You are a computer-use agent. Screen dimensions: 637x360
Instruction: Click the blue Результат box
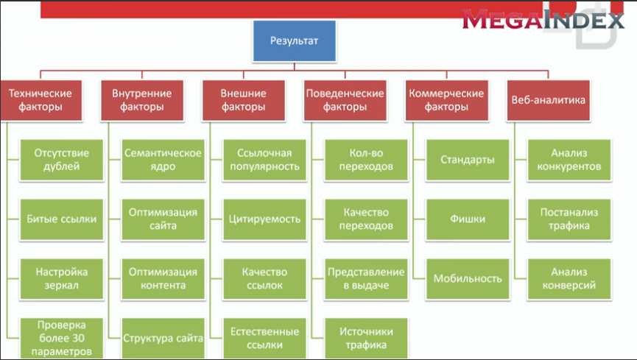pyautogui.click(x=295, y=41)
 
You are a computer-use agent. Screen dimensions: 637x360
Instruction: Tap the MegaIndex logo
pyautogui.click(x=543, y=19)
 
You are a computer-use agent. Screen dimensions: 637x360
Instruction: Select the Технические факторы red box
pyautogui.click(x=41, y=100)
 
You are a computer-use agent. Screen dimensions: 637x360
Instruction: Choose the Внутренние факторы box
pyautogui.click(x=142, y=100)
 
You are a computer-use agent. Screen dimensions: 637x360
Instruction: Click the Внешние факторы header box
pyautogui.click(x=243, y=100)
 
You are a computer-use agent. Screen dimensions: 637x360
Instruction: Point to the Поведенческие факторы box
pyautogui.click(x=345, y=100)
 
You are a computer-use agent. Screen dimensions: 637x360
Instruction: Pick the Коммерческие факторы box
pyautogui.click(x=446, y=100)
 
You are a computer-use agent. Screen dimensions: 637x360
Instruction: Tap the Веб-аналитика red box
pyautogui.click(x=548, y=100)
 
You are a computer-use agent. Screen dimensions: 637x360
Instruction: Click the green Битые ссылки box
pyautogui.click(x=62, y=219)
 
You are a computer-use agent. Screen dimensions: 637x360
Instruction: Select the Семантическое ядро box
pyautogui.click(x=163, y=160)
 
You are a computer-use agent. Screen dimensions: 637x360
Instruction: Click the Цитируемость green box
pyautogui.click(x=264, y=219)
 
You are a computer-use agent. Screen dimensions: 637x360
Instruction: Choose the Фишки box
pyautogui.click(x=468, y=219)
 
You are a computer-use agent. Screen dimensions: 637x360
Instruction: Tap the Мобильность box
pyautogui.click(x=468, y=279)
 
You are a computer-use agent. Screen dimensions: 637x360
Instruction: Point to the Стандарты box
pyautogui.click(x=468, y=160)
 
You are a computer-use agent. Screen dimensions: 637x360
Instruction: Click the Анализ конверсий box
pyautogui.click(x=569, y=279)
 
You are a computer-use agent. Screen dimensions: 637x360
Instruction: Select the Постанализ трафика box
pyautogui.click(x=569, y=219)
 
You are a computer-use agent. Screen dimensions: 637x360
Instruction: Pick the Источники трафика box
pyautogui.click(x=366, y=339)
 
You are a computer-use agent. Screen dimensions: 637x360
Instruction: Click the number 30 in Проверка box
pyautogui.click(x=77, y=338)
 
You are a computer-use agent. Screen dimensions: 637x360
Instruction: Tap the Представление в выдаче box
pyautogui.click(x=366, y=279)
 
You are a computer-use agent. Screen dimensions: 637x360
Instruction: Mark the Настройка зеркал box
pyautogui.click(x=62, y=279)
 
